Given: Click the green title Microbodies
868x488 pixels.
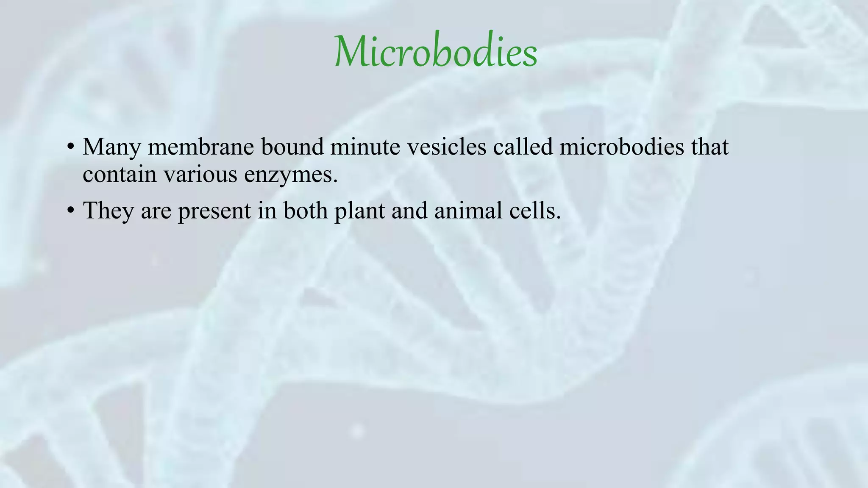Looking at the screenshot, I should [436, 52].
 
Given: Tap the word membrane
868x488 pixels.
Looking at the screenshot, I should [200, 147].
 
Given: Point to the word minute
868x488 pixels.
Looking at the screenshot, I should [365, 147].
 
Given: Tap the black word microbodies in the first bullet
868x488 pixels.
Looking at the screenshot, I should [621, 147].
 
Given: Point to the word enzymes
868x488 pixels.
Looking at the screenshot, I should [291, 175].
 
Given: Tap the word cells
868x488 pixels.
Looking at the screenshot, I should [535, 210].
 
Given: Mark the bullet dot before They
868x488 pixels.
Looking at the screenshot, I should [71, 211].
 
